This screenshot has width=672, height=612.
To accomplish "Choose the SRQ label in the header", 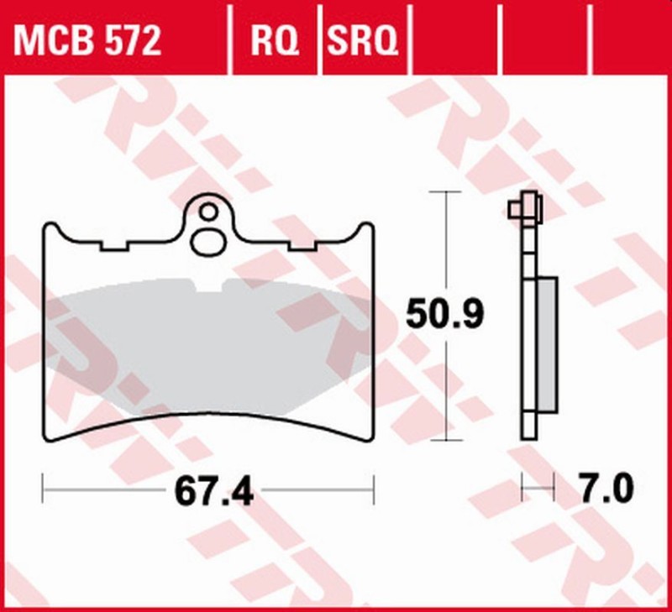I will click(361, 39).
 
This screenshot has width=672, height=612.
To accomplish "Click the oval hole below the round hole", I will click(207, 241).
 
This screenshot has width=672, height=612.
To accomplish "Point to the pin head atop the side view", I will click(526, 204).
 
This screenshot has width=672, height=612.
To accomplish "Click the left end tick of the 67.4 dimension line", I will click(43, 485).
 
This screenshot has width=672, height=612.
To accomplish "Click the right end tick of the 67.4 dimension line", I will click(372, 485).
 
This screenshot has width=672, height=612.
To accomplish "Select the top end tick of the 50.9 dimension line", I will click(444, 192).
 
